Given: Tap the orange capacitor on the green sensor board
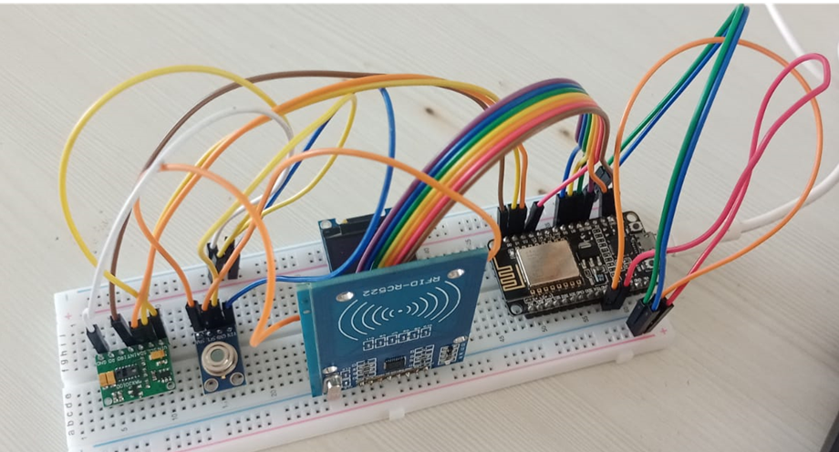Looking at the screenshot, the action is (x=107, y=374).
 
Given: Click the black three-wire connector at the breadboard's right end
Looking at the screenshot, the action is (x=648, y=316).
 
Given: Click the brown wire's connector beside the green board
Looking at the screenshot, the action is (x=119, y=327).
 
